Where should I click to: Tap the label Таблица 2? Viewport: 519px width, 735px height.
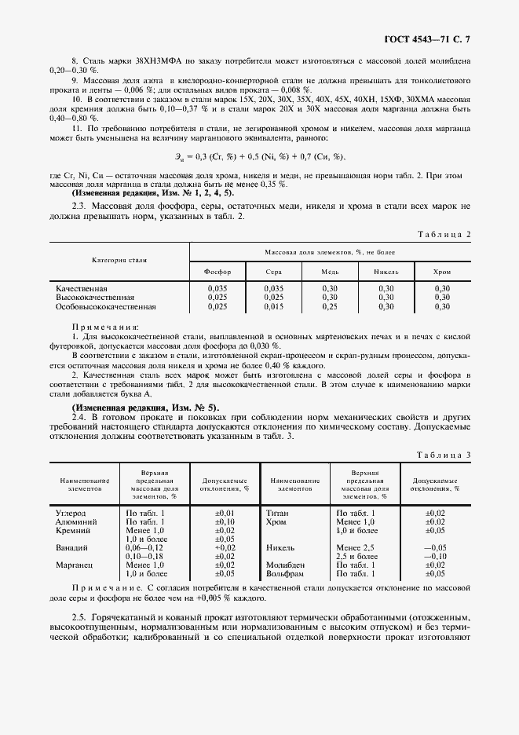[x=445, y=234]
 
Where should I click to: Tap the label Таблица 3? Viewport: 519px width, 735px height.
[x=445, y=455]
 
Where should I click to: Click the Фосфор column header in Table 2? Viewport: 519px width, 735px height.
[x=217, y=271]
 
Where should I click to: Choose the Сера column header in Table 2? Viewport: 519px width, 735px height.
[x=273, y=271]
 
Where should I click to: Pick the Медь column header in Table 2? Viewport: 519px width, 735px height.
[x=330, y=271]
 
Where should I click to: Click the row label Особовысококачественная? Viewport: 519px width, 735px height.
[x=106, y=307]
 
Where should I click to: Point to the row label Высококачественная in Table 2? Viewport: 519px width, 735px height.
[x=95, y=298]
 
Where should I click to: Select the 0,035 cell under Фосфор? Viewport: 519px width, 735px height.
[x=217, y=289]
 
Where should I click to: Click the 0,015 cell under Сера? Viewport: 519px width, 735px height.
[x=273, y=307]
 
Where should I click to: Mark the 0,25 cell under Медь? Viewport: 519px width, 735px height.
[x=330, y=307]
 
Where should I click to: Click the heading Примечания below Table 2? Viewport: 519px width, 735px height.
[x=104, y=326]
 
